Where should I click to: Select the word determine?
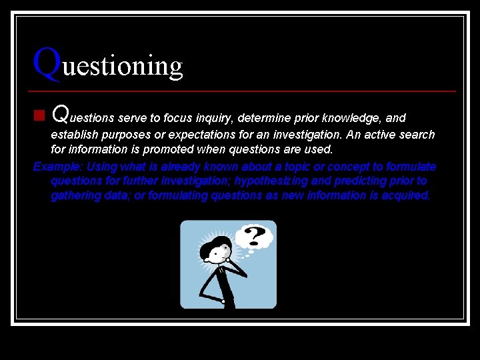pos(262,118)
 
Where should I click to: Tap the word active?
pos(379,135)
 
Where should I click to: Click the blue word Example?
pos(58,167)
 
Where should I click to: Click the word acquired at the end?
pos(406,196)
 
